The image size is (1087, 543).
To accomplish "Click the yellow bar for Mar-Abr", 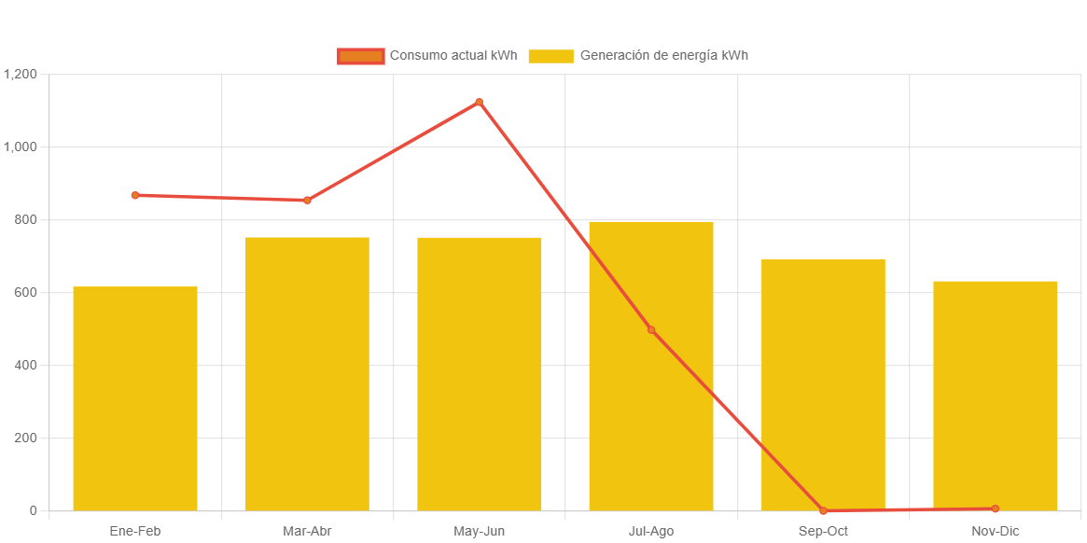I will click(x=307, y=373).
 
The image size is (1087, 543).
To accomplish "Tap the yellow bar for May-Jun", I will click(x=480, y=373).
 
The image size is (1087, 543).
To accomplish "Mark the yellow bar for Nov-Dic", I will click(x=996, y=396).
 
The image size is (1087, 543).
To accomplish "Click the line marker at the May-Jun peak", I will click(x=480, y=102).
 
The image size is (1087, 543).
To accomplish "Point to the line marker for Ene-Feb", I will click(x=135, y=195).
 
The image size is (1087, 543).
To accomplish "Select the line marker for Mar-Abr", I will click(x=307, y=200).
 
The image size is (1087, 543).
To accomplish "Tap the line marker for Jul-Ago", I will click(x=651, y=330).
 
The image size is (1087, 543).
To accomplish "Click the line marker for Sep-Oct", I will click(x=823, y=510).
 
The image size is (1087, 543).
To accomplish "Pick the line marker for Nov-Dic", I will click(x=996, y=508).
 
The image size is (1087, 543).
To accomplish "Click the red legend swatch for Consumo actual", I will click(x=361, y=56).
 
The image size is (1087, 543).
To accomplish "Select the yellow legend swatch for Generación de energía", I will click(x=550, y=56).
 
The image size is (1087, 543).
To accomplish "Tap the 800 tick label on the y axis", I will click(x=26, y=219).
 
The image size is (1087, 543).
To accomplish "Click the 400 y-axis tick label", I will click(x=26, y=365).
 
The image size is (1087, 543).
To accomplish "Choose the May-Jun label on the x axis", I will click(x=480, y=531).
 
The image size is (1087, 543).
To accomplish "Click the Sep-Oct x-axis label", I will click(x=823, y=531).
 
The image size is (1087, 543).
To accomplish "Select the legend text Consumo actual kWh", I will click(x=453, y=55).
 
